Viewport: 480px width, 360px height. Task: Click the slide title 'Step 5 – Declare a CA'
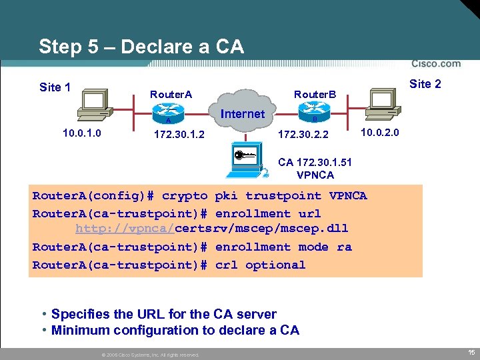[141, 47]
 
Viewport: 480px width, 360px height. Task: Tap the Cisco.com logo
[436, 64]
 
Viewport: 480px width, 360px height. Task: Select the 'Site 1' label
[55, 87]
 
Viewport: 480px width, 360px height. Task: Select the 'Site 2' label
[425, 84]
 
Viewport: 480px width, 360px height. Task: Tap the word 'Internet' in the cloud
[242, 114]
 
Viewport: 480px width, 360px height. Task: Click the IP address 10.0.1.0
[82, 133]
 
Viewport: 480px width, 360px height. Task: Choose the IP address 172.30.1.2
[179, 135]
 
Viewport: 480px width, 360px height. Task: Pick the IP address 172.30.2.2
[303, 135]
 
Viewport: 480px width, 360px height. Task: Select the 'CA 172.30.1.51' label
[315, 162]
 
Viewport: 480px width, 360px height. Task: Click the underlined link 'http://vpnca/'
[125, 229]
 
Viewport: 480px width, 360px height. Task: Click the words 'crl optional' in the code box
[261, 265]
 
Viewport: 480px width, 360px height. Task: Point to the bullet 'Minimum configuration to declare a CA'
[175, 330]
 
